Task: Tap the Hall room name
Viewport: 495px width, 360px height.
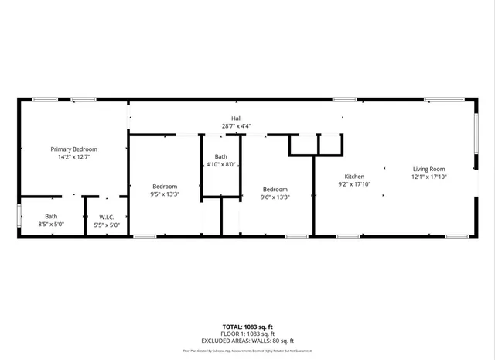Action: (237, 118)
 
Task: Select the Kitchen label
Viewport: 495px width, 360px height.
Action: (354, 177)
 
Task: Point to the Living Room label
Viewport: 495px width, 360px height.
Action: (428, 169)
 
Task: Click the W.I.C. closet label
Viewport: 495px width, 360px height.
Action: (106, 217)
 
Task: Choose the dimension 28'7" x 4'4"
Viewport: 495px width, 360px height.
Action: (237, 126)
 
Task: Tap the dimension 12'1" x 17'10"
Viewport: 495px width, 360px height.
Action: (428, 177)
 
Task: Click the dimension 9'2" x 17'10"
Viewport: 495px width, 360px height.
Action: (354, 184)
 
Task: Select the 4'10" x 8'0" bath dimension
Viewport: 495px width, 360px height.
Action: (220, 164)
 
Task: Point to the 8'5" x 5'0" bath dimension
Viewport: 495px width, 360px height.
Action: (51, 225)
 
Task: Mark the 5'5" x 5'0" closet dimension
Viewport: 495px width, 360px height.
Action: (106, 225)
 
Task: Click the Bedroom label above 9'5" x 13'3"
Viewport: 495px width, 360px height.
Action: (165, 186)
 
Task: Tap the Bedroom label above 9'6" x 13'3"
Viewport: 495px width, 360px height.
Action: (275, 189)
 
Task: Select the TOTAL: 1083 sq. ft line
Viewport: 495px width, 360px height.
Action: (247, 327)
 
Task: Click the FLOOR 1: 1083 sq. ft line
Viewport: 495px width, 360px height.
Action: (247, 334)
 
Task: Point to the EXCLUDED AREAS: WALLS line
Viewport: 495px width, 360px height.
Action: (247, 341)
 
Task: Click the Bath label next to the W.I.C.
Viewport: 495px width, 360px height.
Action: (51, 217)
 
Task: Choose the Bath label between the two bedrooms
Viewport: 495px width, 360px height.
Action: (220, 156)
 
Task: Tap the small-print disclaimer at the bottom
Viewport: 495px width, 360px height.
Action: (247, 351)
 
